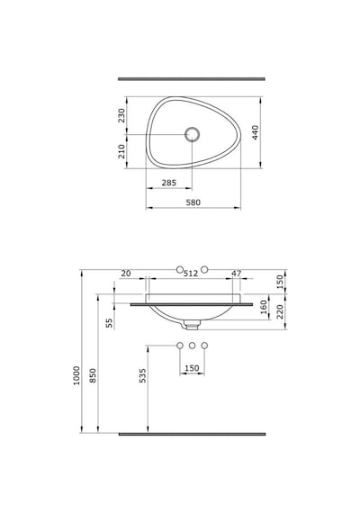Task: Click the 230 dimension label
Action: [x=121, y=115]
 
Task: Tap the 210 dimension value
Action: [x=121, y=151]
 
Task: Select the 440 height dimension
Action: [x=256, y=132]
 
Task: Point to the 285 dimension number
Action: [x=169, y=183]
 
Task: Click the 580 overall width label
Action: [x=193, y=202]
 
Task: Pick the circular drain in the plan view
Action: [x=192, y=134]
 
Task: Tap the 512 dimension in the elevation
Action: [x=191, y=274]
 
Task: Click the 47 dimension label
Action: [x=237, y=274]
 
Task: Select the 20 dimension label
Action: [x=126, y=274]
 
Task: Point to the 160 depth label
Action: [x=264, y=307]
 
